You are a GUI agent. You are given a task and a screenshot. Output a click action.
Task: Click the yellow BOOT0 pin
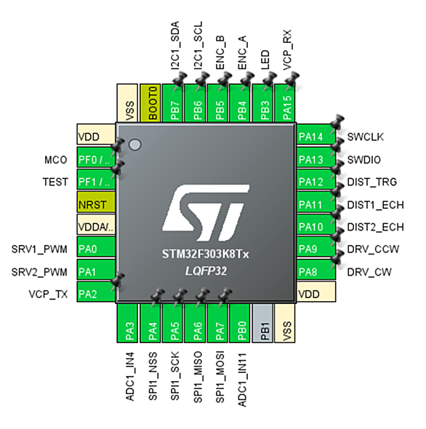[150, 103]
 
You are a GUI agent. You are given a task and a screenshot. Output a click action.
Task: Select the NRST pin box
[96, 202]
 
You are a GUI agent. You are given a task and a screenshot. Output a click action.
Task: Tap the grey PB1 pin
[262, 323]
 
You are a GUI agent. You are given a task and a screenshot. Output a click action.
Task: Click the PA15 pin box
[284, 103]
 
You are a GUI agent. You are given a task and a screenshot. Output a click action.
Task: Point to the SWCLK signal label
[365, 137]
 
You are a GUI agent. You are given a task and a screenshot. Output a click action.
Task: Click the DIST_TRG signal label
[371, 182]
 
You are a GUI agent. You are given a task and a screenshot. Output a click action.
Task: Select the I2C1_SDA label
[175, 45]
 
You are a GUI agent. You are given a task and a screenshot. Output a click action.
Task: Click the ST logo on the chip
[206, 213]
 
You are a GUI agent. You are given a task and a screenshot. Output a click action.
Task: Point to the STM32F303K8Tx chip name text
[206, 254]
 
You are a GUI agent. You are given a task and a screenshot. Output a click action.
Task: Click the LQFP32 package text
[206, 271]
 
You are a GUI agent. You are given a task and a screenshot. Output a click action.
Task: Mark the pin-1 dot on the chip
[135, 145]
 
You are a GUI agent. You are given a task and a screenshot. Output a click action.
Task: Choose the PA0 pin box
[96, 246]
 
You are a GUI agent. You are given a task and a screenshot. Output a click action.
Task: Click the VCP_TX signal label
[48, 294]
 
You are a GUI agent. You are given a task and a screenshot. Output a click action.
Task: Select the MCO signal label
[56, 160]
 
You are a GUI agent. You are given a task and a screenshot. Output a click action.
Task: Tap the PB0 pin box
[240, 323]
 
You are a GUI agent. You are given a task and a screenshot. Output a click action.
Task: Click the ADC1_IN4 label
[130, 377]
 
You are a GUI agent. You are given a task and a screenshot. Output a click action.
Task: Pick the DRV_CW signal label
[369, 272]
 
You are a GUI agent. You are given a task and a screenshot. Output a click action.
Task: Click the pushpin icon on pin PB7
[180, 79]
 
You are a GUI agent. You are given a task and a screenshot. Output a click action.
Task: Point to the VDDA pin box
[96, 225]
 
